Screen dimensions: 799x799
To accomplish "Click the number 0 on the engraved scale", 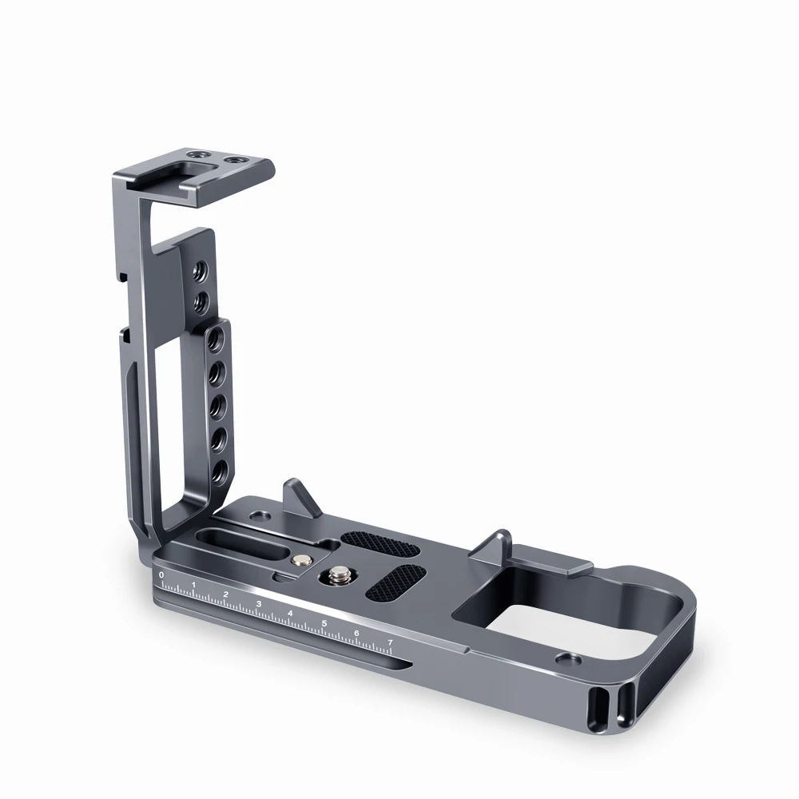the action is [x=161, y=574].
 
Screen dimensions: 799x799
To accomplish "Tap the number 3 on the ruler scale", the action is [x=259, y=604].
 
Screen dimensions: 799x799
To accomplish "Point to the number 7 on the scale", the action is [x=391, y=642].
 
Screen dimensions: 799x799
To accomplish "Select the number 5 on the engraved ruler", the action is [x=324, y=624].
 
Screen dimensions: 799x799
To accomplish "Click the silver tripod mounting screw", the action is [x=338, y=577].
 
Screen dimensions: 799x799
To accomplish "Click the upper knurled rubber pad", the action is [x=380, y=544].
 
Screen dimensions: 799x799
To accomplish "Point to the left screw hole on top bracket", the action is [x=195, y=153].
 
